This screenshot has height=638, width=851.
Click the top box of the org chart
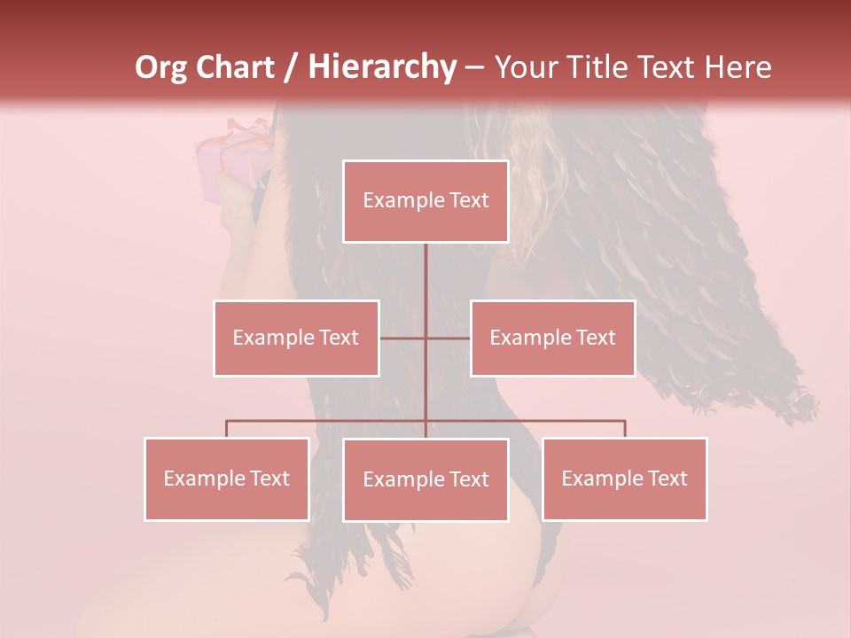point(425,201)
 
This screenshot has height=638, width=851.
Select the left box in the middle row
point(296,338)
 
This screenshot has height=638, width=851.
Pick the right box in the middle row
point(552,338)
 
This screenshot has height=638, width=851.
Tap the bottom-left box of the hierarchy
point(227,478)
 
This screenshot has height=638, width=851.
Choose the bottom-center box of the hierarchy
point(425,479)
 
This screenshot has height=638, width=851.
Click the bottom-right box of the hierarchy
point(624,478)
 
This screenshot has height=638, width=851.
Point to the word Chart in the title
point(235,67)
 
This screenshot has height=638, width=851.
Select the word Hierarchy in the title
point(381,67)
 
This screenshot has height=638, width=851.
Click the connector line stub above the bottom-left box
point(227,429)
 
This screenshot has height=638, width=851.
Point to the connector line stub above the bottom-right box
point(624,429)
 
